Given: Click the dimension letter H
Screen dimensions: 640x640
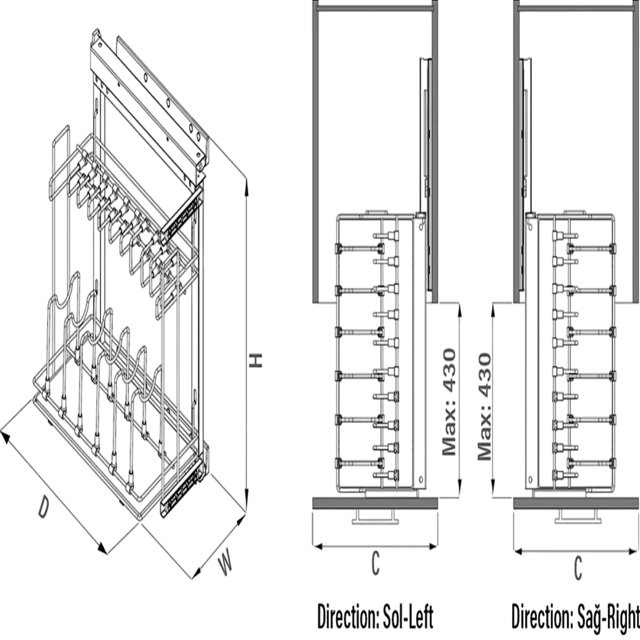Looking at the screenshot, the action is click(x=256, y=360).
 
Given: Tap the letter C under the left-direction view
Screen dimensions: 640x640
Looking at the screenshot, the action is click(x=375, y=564).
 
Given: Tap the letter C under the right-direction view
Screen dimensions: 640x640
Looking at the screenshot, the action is click(x=578, y=568).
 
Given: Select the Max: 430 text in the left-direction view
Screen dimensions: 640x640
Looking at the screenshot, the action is click(x=449, y=402).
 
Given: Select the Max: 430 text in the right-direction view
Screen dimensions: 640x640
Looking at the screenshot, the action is click(x=485, y=407).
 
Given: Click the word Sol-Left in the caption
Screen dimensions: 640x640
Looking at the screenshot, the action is click(x=408, y=617).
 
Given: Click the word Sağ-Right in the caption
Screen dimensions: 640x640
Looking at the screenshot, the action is click(x=609, y=617).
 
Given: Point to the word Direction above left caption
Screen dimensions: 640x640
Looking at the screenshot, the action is click(x=348, y=617).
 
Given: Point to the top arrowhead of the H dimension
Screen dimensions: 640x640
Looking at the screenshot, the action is click(x=246, y=188).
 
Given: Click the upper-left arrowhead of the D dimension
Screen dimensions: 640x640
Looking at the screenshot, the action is click(x=5, y=436).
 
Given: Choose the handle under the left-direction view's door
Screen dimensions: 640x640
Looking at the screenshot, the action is click(x=375, y=516).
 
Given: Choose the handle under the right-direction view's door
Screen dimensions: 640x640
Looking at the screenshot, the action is click(x=578, y=516).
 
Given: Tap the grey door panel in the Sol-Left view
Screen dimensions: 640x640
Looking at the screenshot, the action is click(x=375, y=503).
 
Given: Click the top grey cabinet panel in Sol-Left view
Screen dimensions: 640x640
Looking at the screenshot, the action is click(x=375, y=8).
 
